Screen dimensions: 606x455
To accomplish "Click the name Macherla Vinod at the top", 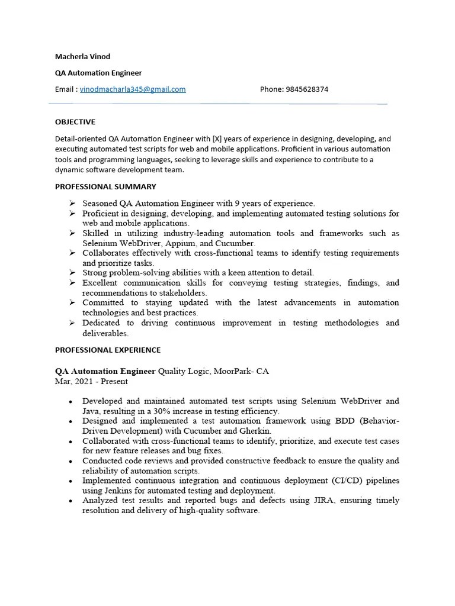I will [x=82, y=57].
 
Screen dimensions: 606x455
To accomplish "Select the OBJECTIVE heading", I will [x=75, y=122].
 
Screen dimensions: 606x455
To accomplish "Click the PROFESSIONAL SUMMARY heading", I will [x=105, y=186].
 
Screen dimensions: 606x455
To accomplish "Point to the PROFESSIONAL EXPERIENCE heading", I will [x=108, y=350].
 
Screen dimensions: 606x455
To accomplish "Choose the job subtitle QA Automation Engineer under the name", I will [x=98, y=73].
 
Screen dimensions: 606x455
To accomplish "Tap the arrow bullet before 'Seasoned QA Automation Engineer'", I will [x=72, y=203].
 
